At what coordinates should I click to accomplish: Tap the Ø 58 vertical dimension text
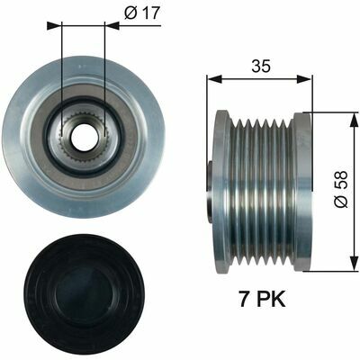(x=338, y=191)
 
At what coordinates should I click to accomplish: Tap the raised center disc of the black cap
(x=83, y=287)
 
